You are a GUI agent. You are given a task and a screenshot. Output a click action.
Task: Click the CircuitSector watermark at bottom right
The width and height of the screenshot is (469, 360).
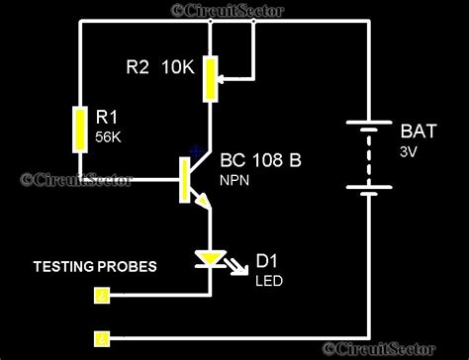(x=395, y=349)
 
